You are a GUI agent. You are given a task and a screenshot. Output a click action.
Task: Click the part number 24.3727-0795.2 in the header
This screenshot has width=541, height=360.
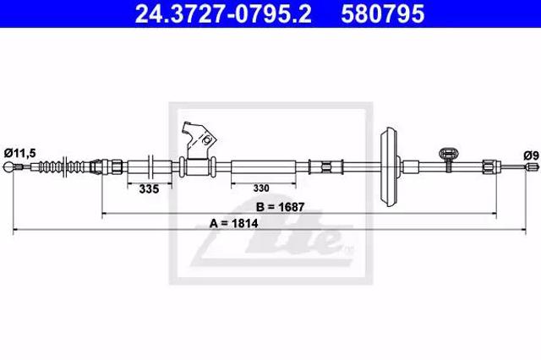(x=223, y=14)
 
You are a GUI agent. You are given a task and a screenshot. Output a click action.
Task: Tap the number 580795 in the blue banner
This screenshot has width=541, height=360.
(x=382, y=14)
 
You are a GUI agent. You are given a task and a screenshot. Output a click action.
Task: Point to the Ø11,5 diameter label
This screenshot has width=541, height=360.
(x=20, y=153)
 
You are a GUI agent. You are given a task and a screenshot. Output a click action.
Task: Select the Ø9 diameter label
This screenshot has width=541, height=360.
(x=531, y=155)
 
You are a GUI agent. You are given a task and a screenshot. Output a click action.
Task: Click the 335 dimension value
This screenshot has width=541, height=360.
(x=149, y=189)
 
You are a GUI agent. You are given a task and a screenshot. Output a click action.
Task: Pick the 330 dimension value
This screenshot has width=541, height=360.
(x=261, y=188)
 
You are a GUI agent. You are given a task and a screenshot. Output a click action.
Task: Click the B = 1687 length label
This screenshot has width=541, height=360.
(x=280, y=207)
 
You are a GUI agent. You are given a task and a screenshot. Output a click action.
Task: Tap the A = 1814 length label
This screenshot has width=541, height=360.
(x=233, y=223)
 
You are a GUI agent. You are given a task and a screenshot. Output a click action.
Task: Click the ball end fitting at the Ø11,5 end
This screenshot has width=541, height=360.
(x=8, y=167)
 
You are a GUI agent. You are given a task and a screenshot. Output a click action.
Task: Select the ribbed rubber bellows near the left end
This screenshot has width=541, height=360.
(x=61, y=166)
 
